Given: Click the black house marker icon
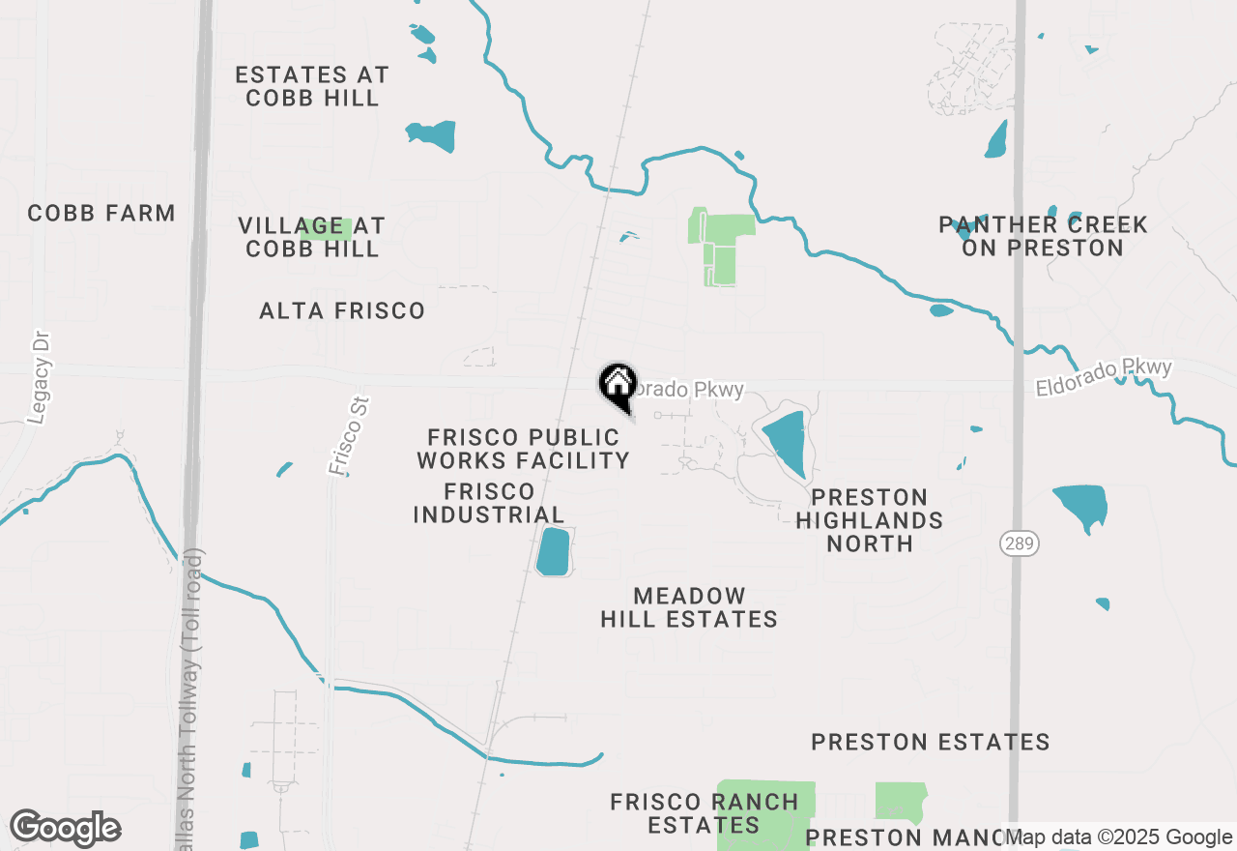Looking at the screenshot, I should [x=618, y=385].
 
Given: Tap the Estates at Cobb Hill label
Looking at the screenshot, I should [x=312, y=86].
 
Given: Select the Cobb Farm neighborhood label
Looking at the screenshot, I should [x=101, y=213].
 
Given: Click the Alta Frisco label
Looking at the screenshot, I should [x=342, y=310].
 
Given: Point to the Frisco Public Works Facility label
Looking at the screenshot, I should [x=524, y=450].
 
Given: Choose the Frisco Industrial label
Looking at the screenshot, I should [x=489, y=503].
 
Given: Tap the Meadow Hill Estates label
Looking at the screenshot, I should [x=689, y=607].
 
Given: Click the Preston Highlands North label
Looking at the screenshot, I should [x=870, y=520].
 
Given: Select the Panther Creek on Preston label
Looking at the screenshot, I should [x=1043, y=236].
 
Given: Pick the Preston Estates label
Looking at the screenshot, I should [x=931, y=742].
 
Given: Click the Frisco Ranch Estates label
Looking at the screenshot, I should [x=705, y=813].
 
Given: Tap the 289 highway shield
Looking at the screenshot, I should [x=1019, y=543].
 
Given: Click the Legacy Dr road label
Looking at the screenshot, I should [x=40, y=377].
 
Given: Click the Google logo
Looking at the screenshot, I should [x=65, y=829].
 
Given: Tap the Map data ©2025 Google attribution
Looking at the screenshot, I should [x=1118, y=837].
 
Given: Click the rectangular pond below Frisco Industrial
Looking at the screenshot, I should [x=553, y=551].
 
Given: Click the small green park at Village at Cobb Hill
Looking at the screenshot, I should [x=325, y=229].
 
